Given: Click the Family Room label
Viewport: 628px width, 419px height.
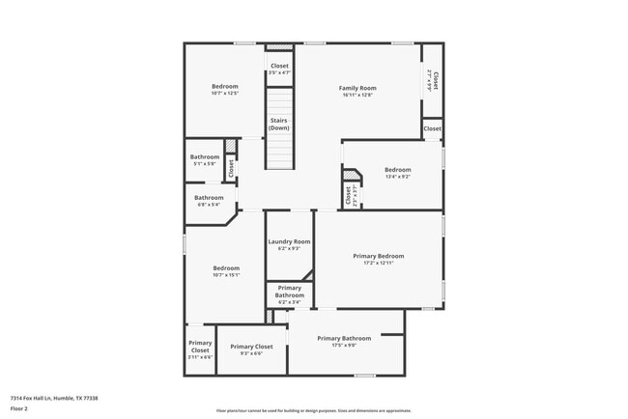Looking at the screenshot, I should (357, 88).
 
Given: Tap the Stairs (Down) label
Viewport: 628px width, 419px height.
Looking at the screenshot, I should (279, 123).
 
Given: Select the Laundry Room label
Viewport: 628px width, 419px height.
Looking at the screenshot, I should (289, 241).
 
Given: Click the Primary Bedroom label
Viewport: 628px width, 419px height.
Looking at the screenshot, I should (378, 256).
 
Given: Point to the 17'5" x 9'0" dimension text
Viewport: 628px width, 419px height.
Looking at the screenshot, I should (344, 346).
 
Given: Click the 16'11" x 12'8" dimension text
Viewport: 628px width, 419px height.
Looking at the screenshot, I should (357, 95).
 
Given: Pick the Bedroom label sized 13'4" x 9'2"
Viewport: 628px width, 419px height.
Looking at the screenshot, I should (397, 170).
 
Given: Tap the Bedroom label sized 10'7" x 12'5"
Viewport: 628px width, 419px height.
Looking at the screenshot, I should (225, 87).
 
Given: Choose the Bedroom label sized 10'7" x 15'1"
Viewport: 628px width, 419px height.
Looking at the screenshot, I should (226, 267).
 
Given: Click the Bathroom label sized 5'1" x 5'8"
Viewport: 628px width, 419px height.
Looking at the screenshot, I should (205, 156).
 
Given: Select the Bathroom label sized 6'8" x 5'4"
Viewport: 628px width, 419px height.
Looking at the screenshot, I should (210, 198).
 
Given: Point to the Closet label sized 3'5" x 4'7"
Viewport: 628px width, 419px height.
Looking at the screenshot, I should (279, 66).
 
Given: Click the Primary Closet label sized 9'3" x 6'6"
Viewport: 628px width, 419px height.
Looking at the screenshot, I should (251, 347).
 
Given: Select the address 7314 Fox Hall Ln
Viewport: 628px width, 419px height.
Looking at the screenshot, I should (54, 398).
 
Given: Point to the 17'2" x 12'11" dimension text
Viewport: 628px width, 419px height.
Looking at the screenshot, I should (378, 263).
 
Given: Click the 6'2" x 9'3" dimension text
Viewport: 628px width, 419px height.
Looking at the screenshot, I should (289, 248).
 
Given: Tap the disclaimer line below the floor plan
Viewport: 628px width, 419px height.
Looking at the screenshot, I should (314, 409).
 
